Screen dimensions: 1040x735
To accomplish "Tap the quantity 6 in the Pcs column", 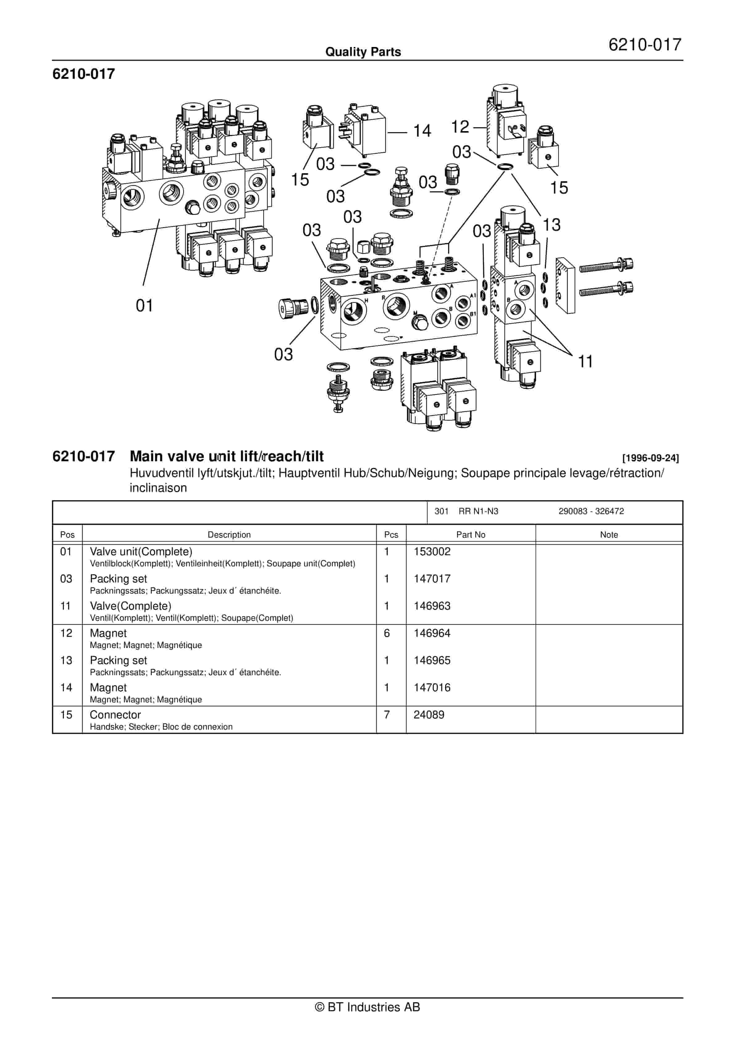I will click(387, 633).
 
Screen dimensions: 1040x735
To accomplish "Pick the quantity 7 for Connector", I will click(387, 714).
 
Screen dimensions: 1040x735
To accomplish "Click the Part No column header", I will click(470, 535).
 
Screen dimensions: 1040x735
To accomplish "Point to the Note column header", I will click(608, 535).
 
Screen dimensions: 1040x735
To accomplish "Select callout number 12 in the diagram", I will click(460, 127).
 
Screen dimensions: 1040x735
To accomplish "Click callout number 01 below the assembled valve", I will click(145, 306).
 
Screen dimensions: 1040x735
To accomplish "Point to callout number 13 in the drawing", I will click(551, 225).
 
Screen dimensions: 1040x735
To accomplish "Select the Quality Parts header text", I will click(363, 52).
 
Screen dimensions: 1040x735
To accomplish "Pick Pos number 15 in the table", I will click(66, 714).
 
